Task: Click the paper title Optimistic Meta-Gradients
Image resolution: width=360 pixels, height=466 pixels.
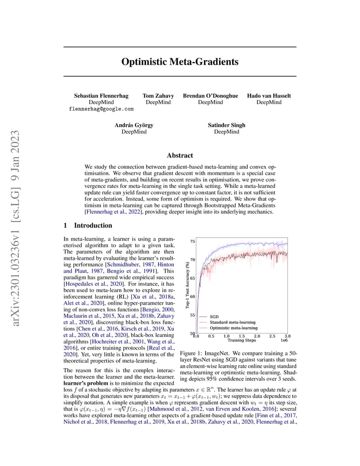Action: tap(180, 62)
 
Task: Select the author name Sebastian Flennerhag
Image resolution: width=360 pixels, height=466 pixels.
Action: tap(101, 96)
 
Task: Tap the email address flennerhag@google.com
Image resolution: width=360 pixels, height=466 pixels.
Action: tap(101, 109)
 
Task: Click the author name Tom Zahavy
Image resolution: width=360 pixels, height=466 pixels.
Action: tap(158, 96)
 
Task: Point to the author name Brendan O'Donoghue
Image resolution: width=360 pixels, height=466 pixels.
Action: tap(210, 96)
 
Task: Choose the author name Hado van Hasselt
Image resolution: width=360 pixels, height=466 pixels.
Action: tap(269, 96)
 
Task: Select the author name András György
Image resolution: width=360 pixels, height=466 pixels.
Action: tap(134, 125)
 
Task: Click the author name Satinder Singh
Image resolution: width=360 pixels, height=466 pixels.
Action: tap(227, 125)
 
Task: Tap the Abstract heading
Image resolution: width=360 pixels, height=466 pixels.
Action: tap(180, 156)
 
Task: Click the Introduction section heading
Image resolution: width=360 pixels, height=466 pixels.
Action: tap(93, 225)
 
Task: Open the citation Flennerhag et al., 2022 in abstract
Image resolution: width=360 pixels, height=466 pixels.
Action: tap(113, 212)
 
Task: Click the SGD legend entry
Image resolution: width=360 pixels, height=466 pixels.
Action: tap(214, 317)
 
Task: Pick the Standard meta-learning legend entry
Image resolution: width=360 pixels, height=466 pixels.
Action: tap(233, 322)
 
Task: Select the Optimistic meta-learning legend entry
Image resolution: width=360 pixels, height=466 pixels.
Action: tap(233, 328)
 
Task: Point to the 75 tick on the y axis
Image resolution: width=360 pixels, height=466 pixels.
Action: tap(193, 241)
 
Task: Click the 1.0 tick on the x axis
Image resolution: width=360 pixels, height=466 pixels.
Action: tap(227, 336)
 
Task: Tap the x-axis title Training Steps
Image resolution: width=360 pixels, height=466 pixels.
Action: tap(242, 340)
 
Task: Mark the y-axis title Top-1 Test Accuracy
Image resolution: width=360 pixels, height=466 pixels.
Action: tap(187, 285)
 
